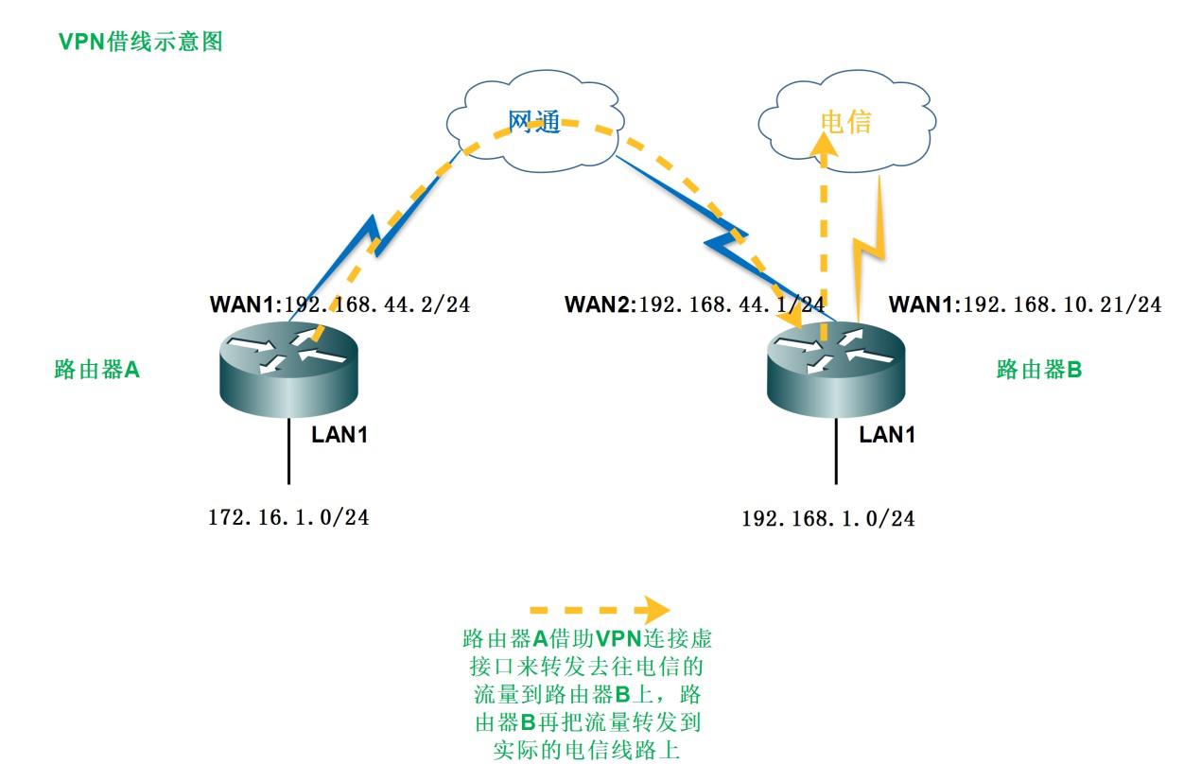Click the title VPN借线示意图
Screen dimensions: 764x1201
pyautogui.click(x=141, y=43)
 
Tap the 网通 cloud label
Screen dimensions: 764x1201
pyautogui.click(x=535, y=122)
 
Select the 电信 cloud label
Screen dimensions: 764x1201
pyautogui.click(x=845, y=122)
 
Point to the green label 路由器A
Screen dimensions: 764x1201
pyautogui.click(x=97, y=370)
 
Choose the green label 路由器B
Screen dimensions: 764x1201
pyautogui.click(x=1039, y=370)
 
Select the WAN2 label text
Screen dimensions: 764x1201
pyautogui.click(x=599, y=304)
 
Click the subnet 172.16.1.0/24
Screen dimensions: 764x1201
pyautogui.click(x=288, y=517)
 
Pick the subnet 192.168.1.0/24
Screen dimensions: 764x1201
pyautogui.click(x=827, y=518)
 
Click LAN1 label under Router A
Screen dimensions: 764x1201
pyautogui.click(x=340, y=436)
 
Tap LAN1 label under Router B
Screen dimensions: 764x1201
pyautogui.click(x=887, y=435)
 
